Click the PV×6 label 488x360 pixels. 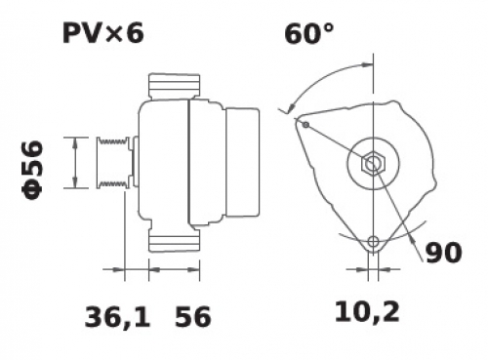click(x=102, y=34)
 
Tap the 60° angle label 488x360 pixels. click(x=309, y=34)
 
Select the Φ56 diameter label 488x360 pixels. click(x=32, y=170)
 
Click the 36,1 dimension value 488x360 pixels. click(x=117, y=317)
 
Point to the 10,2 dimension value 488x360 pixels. click(x=367, y=312)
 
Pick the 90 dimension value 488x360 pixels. click(x=444, y=253)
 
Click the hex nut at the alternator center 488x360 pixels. click(x=373, y=164)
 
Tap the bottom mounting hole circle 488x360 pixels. click(x=373, y=242)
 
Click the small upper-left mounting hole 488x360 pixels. click(x=305, y=125)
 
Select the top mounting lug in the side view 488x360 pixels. click(x=174, y=86)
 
